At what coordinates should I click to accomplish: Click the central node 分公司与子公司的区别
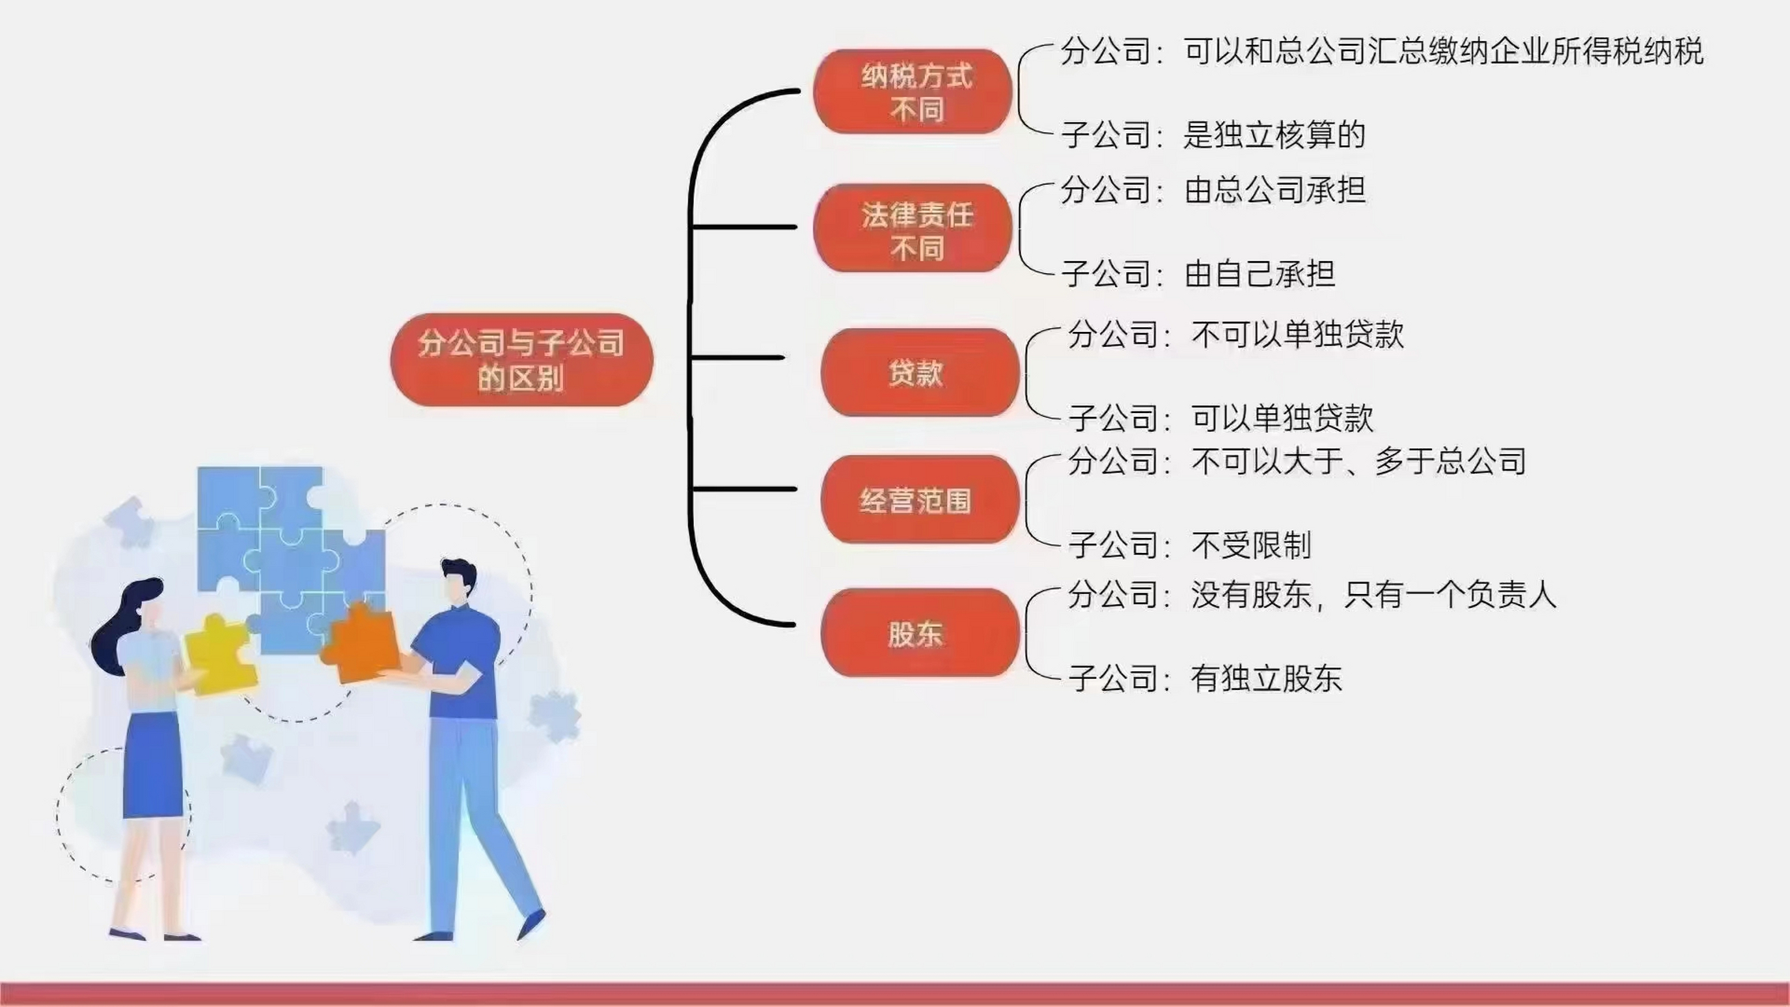[x=521, y=360]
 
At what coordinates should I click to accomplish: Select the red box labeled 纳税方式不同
[x=912, y=91]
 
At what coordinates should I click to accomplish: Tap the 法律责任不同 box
[x=912, y=228]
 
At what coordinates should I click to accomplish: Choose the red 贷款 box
[x=919, y=372]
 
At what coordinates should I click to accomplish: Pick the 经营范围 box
[x=919, y=500]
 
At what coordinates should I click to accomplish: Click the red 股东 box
[x=919, y=633]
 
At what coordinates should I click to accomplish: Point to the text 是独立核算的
[x=1274, y=135]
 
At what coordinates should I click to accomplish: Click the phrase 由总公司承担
[x=1275, y=190]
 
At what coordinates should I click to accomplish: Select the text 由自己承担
[x=1259, y=274]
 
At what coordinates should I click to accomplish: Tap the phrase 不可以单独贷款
[x=1298, y=334]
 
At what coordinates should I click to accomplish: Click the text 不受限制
[x=1250, y=544]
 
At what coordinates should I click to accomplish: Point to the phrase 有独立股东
[x=1265, y=678]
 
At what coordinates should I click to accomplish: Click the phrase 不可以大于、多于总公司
[x=1358, y=461]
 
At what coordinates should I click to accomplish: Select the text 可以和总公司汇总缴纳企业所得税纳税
[x=1443, y=51]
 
